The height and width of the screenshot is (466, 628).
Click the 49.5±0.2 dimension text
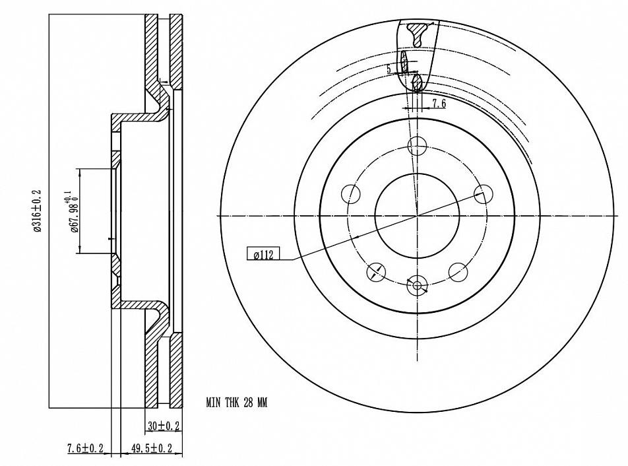[x=152, y=448]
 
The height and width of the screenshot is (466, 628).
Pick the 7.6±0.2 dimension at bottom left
[x=86, y=448]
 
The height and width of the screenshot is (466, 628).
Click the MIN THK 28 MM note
[x=237, y=402]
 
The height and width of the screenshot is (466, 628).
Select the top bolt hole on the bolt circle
[x=418, y=146]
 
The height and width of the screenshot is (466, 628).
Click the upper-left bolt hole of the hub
[x=352, y=193]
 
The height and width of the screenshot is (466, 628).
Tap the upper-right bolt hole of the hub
[x=484, y=193]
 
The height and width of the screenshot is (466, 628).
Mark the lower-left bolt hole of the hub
[x=376, y=271]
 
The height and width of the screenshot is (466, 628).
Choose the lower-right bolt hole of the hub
[x=458, y=271]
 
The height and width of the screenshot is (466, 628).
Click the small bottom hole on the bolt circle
[x=417, y=286]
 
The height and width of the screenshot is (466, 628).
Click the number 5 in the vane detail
[x=389, y=68]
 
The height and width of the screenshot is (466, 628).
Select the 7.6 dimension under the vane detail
[x=439, y=104]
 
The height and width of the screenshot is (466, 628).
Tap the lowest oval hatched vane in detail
[x=416, y=83]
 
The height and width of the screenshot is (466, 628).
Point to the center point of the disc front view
[x=417, y=215]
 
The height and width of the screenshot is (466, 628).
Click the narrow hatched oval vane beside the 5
[x=404, y=63]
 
